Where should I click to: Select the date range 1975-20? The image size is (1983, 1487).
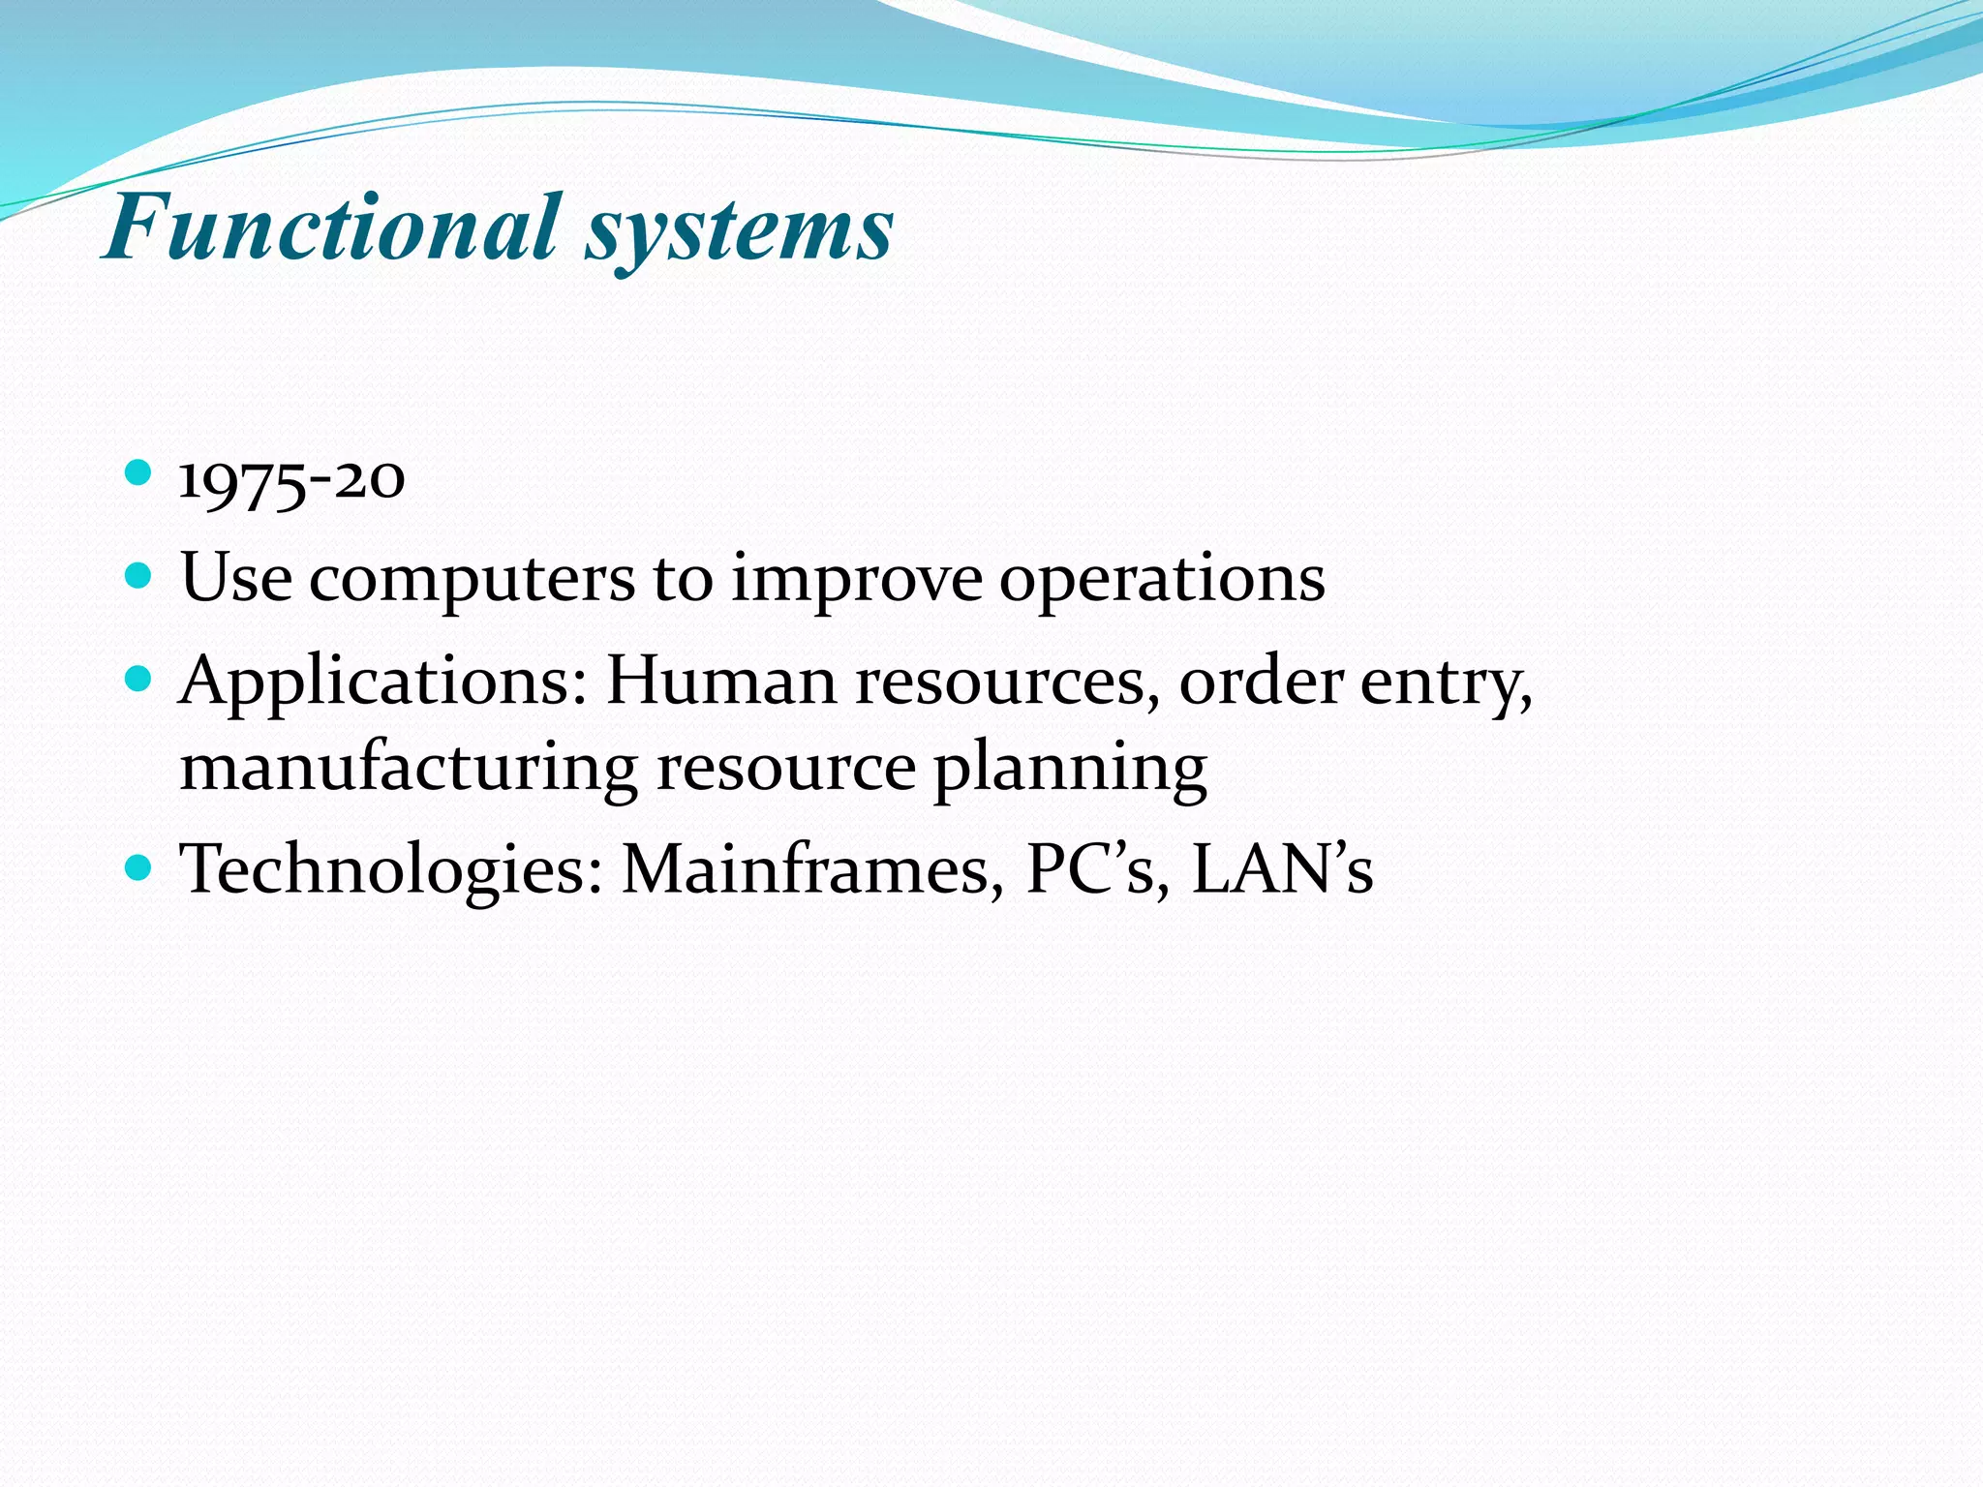pyautogui.click(x=291, y=480)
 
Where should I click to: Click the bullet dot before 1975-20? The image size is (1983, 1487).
pyautogui.click(x=139, y=473)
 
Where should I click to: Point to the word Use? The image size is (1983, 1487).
pyautogui.click(x=236, y=578)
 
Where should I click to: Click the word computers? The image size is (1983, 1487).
pyautogui.click(x=472, y=581)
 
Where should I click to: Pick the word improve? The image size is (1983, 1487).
pyautogui.click(x=856, y=581)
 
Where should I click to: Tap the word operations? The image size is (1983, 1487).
pyautogui.click(x=1161, y=581)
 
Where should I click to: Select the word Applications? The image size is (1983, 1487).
pyautogui.click(x=383, y=683)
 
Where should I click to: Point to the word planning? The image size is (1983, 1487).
pyautogui.click(x=1070, y=771)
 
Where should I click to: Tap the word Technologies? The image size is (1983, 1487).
pyautogui.click(x=391, y=870)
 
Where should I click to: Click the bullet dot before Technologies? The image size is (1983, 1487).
pyautogui.click(x=139, y=865)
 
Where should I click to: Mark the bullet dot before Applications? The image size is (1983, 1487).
pyautogui.click(x=139, y=679)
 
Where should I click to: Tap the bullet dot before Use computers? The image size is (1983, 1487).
pyautogui.click(x=139, y=577)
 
